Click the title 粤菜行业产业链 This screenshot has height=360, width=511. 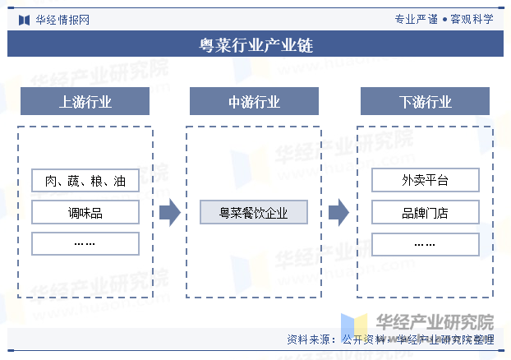256,45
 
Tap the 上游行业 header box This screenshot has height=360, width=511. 85,101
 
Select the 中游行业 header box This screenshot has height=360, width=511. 254,101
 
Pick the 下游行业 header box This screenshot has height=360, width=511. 425,101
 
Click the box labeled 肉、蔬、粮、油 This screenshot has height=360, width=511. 85,180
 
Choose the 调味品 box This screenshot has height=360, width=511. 85,212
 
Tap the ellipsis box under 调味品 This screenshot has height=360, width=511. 85,243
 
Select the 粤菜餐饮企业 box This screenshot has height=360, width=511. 254,212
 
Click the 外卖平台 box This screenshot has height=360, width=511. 426,180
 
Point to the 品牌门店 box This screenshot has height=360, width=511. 426,212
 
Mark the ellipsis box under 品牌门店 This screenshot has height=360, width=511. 426,244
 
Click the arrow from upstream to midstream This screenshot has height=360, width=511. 170,212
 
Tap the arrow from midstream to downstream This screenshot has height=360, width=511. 339,212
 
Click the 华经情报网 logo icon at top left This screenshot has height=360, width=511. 24,20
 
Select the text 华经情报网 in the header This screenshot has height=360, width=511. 62,20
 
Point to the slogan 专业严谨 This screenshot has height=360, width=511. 417,19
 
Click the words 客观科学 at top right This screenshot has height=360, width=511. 472,19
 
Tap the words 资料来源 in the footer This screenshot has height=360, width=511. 308,339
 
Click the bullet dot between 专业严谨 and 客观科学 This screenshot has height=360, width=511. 444,20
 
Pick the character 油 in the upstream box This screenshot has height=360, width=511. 120,181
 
